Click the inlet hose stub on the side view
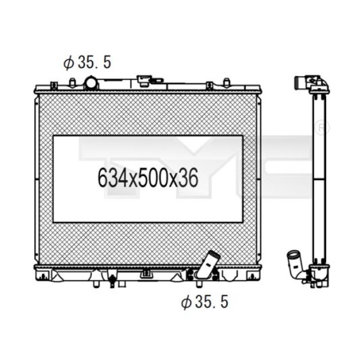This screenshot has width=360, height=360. (x=300, y=82)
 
